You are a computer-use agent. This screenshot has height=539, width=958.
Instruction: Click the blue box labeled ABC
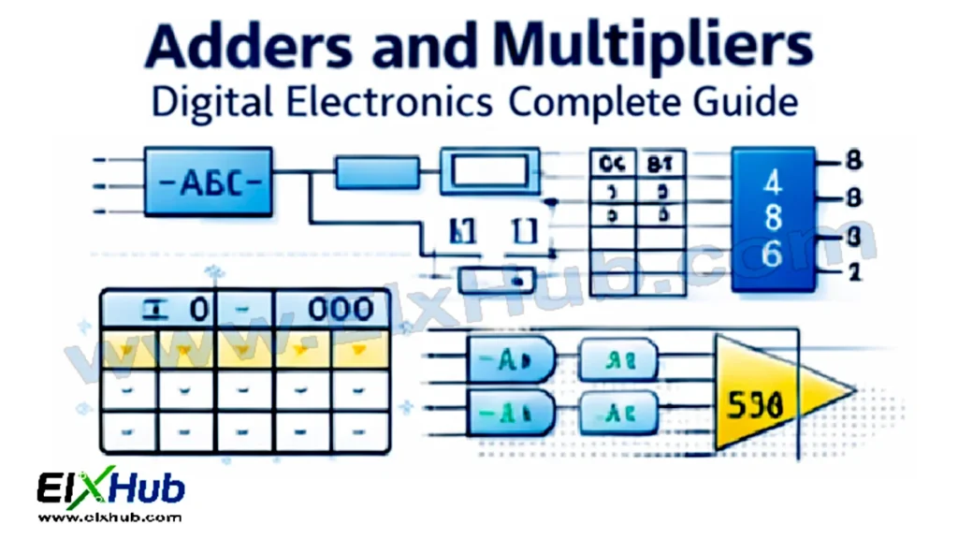click(x=208, y=182)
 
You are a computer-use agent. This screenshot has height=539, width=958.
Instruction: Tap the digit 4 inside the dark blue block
click(x=774, y=182)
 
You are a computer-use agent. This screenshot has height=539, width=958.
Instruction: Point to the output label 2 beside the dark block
click(x=851, y=273)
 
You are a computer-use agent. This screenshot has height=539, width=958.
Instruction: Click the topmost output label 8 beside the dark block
click(x=851, y=160)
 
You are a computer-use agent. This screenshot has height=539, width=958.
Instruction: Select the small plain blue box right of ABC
click(x=376, y=172)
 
